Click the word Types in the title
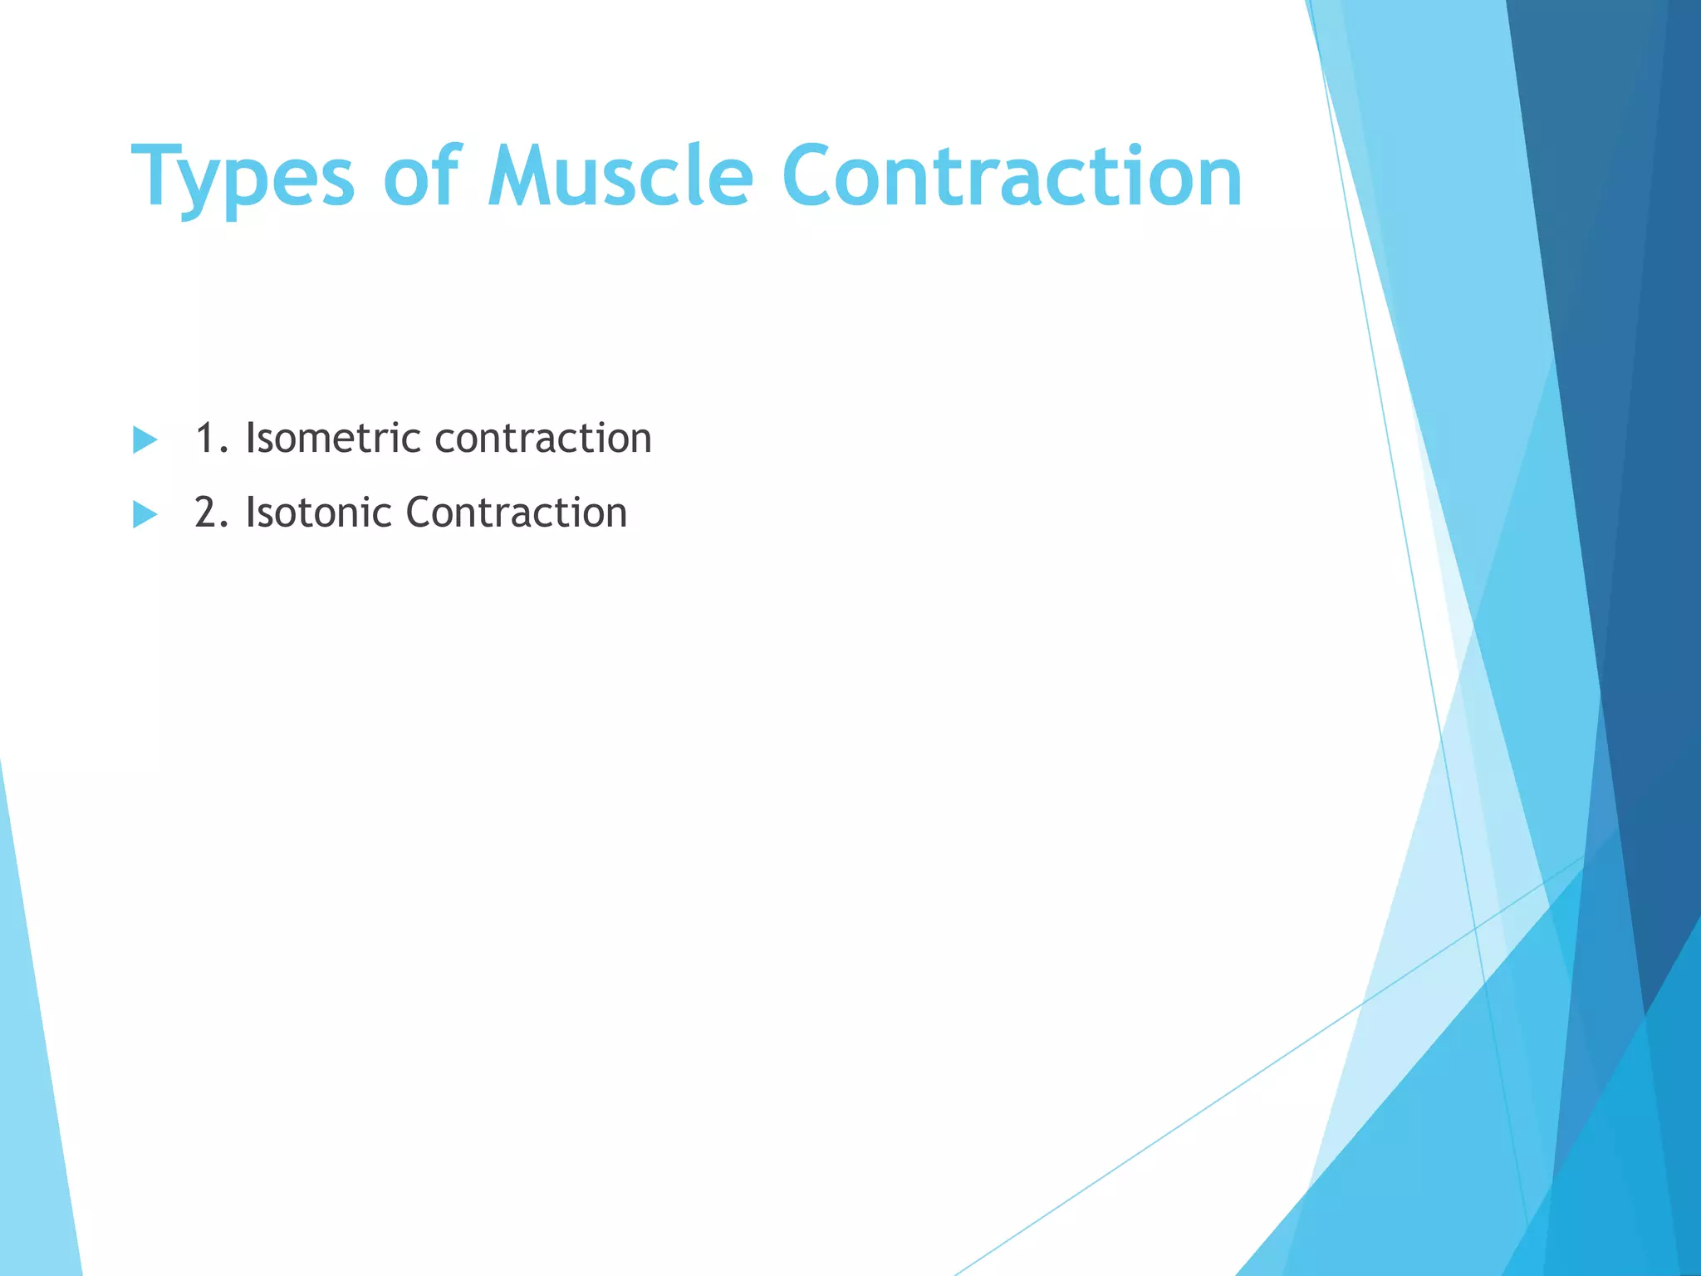coord(243,178)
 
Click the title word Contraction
coord(1012,176)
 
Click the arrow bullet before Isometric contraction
coord(145,439)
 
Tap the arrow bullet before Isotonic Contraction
coord(145,514)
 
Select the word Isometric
coord(332,438)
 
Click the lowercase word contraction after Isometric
coord(543,439)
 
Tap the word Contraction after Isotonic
coord(516,513)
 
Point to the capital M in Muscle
coord(520,176)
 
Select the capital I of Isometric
coord(250,438)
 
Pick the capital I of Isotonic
coord(250,513)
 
